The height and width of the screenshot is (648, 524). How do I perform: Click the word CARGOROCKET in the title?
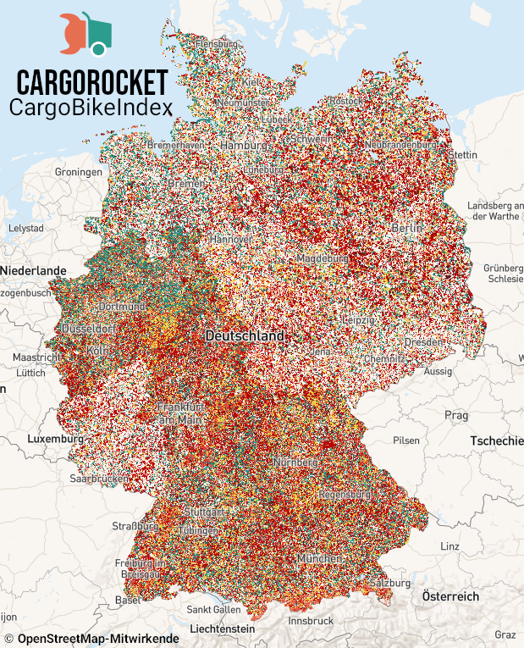[92, 83]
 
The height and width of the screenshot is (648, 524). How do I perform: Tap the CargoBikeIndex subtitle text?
[91, 108]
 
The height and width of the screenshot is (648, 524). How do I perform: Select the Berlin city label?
[407, 229]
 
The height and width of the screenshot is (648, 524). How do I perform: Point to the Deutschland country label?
[245, 336]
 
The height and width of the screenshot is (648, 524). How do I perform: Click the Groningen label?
[79, 171]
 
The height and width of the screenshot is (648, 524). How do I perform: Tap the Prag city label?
[456, 415]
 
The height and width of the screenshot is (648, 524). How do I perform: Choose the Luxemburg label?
[56, 440]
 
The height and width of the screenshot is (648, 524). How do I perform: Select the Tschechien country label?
[496, 442]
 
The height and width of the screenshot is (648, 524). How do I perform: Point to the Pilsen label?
[405, 440]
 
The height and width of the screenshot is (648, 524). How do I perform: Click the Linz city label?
[450, 546]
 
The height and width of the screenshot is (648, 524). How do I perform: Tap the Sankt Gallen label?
[213, 610]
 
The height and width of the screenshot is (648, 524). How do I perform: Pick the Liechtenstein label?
[221, 629]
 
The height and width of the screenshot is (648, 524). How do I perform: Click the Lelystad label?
[25, 229]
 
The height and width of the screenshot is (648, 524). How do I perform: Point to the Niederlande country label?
[33, 269]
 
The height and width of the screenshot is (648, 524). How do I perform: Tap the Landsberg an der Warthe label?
[495, 210]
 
